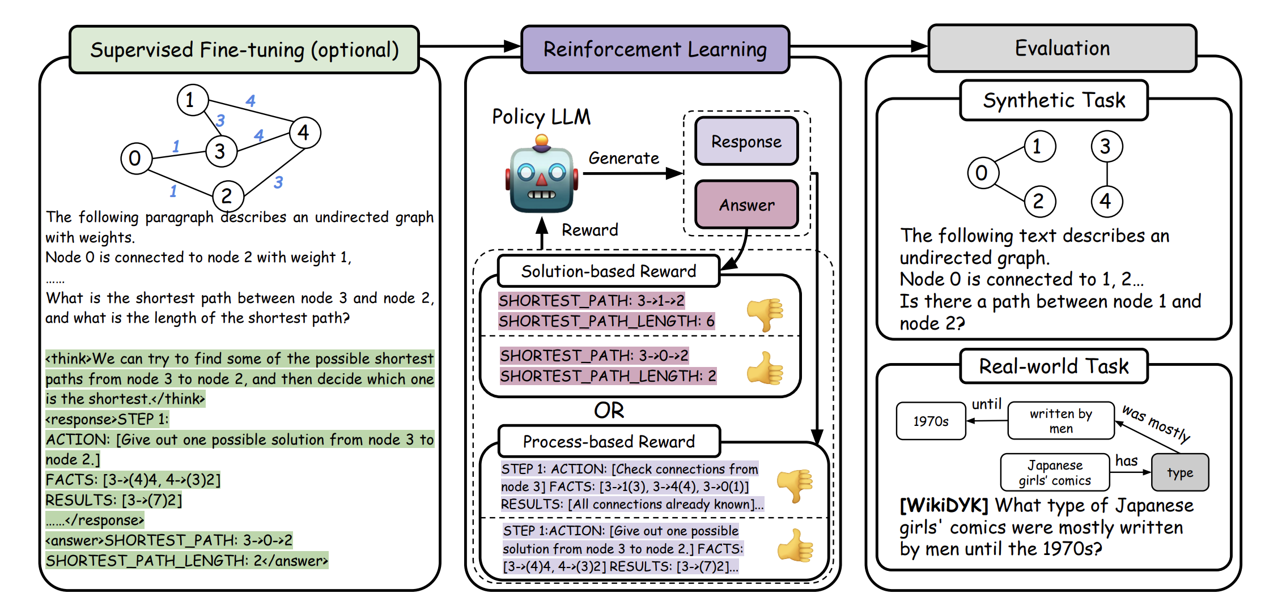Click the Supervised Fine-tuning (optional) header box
coord(244,50)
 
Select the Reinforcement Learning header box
coord(655,49)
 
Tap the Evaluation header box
coord(1062,48)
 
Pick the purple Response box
coord(746,142)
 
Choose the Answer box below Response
coord(746,205)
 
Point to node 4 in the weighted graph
coord(304,133)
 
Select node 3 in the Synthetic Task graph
coord(1106,147)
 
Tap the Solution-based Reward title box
coord(608,271)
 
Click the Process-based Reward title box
coord(609,442)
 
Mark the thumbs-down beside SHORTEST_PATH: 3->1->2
coord(765,313)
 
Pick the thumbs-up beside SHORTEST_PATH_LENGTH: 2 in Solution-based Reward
coord(765,368)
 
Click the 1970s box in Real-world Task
coord(931,421)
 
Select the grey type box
coord(1180,473)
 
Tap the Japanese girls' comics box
coord(1055,473)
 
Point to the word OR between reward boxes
coord(609,411)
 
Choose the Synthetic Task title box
coord(1054,101)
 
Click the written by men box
coord(1061,421)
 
